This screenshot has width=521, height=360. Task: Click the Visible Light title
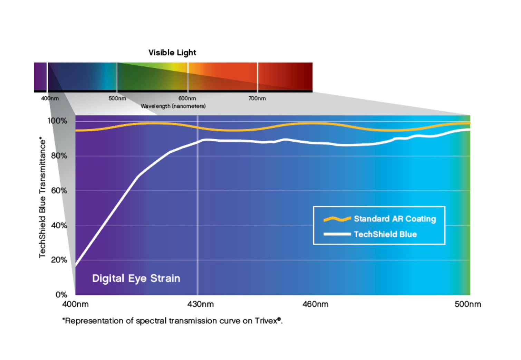coord(172,53)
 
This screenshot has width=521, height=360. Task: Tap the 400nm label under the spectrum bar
coord(50,98)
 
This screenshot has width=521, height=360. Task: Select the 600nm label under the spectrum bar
coord(187,98)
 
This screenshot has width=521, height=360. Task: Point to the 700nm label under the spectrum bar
coord(257,98)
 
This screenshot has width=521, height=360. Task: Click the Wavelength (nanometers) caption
coord(173,106)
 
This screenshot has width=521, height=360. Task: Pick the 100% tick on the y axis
coord(57,121)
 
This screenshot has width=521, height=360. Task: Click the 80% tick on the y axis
coord(59,156)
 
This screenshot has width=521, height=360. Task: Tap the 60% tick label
coord(59,191)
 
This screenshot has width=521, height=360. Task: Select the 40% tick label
coord(59,226)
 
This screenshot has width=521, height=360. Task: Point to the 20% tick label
coord(59,260)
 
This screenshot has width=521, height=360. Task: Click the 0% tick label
coord(61,295)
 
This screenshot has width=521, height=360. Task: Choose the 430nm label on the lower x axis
coord(200,304)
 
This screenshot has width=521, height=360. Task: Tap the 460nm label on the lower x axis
coord(315,304)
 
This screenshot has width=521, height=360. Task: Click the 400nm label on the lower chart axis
coord(75,304)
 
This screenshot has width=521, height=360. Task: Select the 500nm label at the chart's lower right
coord(467,304)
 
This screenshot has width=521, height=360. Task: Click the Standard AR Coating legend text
coord(395,219)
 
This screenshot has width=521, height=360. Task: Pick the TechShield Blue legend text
coord(385,234)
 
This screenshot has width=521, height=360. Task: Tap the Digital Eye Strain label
coord(136,278)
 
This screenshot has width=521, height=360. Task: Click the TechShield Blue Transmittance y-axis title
coord(42,197)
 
